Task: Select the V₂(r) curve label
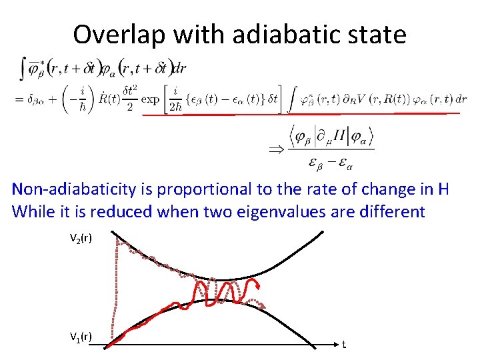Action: pos(81,237)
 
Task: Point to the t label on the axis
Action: pos(343,345)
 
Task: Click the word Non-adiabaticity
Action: pos(73,189)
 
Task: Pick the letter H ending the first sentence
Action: pos(443,189)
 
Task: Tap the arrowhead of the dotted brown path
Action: pos(264,307)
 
